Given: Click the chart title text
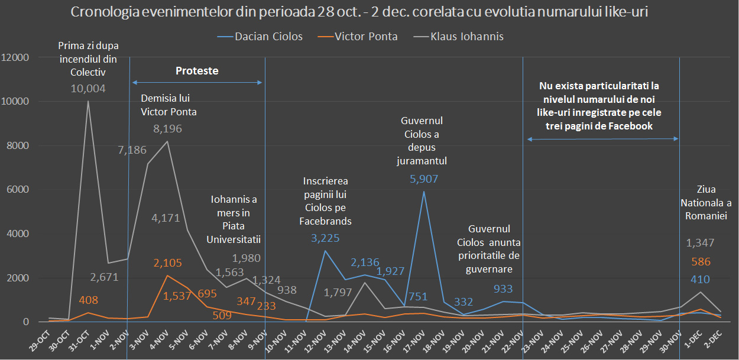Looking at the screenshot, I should pos(359,12).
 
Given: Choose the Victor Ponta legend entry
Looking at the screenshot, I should pos(366,37).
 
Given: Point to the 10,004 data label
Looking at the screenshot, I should pos(88,89).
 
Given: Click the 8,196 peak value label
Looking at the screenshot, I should pos(167,128).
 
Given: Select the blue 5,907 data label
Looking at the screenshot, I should pos(423,179).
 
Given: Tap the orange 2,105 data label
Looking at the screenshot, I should pos(167,263).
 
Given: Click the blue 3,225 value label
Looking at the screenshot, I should pos(326,238).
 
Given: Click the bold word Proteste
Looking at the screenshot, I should pos(197,71).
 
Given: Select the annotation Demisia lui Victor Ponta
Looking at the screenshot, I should pos(168,105).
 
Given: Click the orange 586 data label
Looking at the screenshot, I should pos(701,262).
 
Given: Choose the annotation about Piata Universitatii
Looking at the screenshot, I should pos(234,219).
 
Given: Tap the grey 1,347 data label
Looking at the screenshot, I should pos(701,242).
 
